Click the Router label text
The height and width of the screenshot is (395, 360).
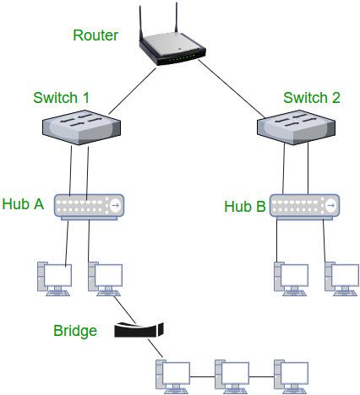(95, 35)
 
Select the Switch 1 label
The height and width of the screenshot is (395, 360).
(61, 98)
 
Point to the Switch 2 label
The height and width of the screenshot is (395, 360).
(311, 98)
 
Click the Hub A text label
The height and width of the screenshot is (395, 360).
(24, 203)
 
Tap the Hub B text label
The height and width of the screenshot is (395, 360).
(245, 206)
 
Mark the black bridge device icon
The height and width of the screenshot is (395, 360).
(139, 329)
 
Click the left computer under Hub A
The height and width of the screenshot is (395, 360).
(55, 280)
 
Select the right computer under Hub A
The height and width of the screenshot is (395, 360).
(106, 280)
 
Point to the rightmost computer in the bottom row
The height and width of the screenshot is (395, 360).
(289, 375)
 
